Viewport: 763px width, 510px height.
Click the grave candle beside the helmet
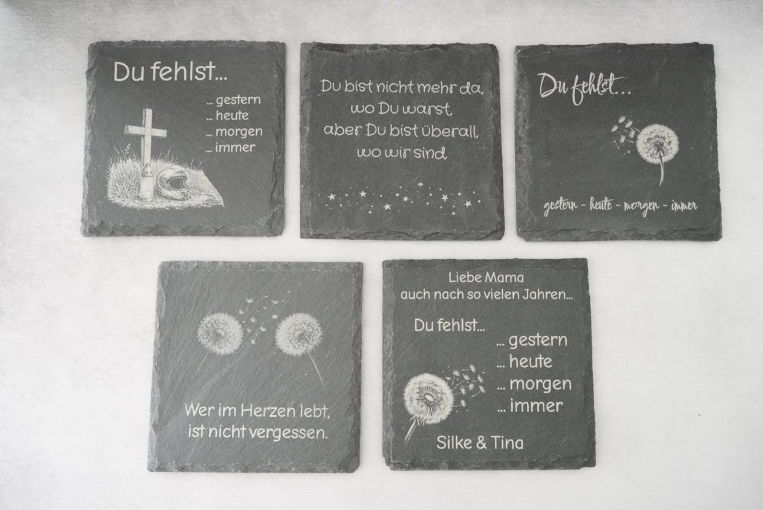pos(147,180)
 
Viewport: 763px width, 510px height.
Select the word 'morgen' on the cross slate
pos(239,132)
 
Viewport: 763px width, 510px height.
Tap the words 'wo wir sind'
pos(402,153)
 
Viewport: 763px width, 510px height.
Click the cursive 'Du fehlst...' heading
pos(584,88)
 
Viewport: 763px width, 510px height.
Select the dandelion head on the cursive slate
pos(657,144)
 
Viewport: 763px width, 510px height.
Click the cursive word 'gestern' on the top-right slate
pos(560,206)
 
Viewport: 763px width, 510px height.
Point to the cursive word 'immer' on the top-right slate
pos(684,206)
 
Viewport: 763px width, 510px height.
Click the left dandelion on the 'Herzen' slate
pos(220,334)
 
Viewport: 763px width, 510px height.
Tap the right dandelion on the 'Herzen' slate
pos(299,335)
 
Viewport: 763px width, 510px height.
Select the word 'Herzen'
pos(268,411)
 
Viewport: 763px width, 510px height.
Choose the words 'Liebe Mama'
pos(486,278)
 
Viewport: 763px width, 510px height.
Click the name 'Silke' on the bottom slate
pos(454,442)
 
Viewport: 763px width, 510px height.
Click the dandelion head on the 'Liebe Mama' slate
pos(428,399)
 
